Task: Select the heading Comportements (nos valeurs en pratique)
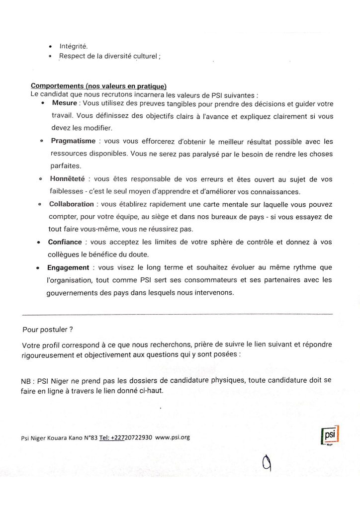tap(94, 87)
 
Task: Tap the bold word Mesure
tap(64, 103)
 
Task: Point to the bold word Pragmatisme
tap(73, 142)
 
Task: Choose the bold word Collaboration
tap(71, 204)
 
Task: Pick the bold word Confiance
tap(65, 242)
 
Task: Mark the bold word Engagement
tap(68, 267)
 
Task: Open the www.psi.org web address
tap(172, 437)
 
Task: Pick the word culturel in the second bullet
tap(144, 56)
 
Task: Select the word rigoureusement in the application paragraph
tap(48, 354)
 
